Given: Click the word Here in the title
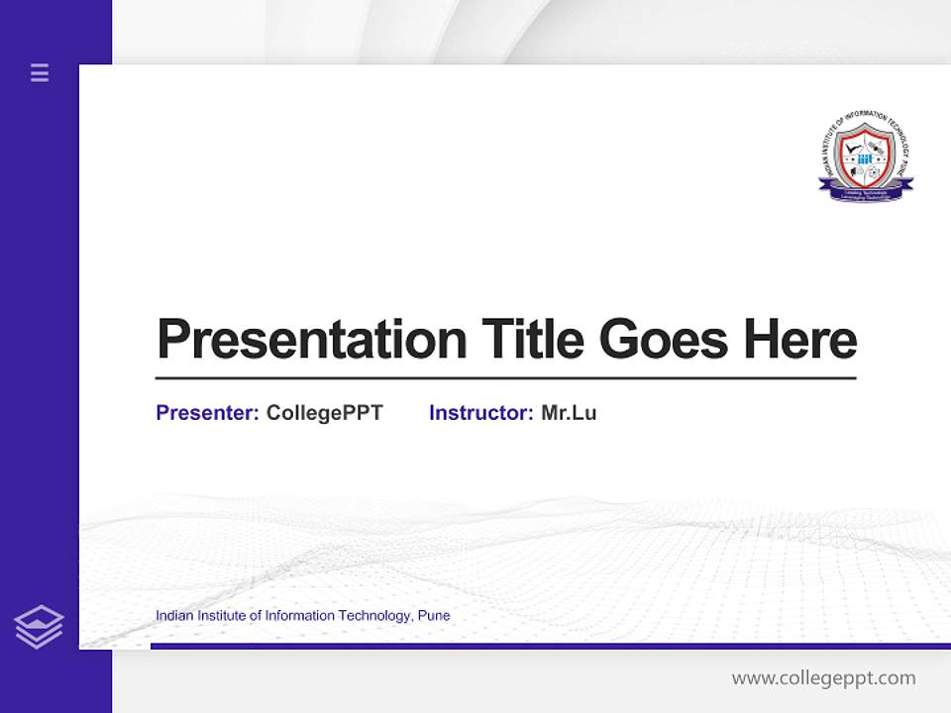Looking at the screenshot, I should click(x=800, y=340).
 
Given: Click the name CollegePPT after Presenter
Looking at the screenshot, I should click(x=324, y=413).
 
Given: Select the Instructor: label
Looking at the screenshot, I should click(x=480, y=413).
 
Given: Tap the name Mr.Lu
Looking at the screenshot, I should click(x=569, y=413).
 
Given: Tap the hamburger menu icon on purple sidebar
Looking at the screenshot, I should click(x=40, y=72).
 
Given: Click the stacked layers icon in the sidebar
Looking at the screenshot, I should click(x=39, y=627).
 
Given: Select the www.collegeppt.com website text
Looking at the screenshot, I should click(x=823, y=678).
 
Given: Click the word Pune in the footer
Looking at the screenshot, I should click(x=434, y=616).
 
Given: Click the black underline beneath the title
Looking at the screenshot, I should click(x=505, y=378).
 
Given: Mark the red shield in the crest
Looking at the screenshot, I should click(x=866, y=155).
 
